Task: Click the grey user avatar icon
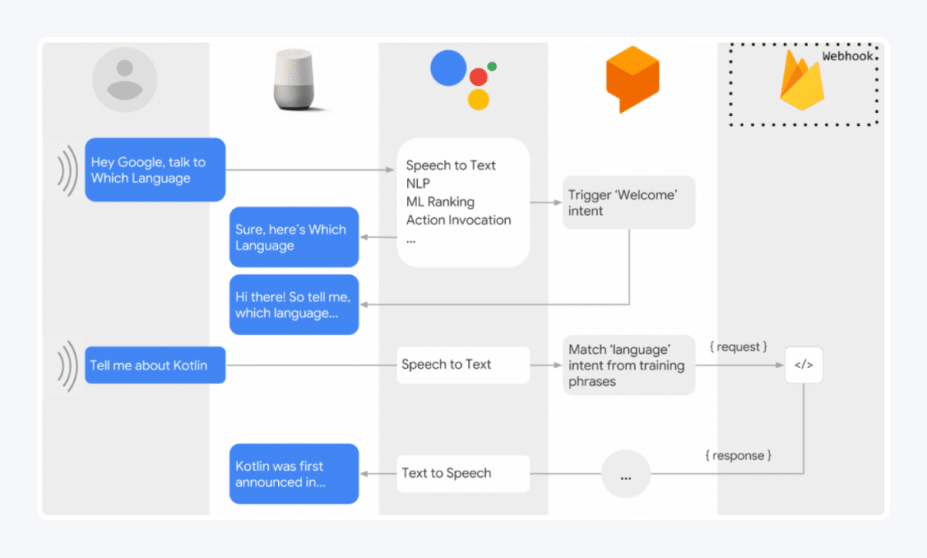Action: tap(124, 80)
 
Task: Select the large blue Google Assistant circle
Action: tap(449, 68)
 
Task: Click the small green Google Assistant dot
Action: tap(492, 66)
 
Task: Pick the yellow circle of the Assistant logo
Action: tap(479, 99)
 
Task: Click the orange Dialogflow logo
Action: tap(632, 80)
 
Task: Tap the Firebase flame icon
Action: tap(801, 83)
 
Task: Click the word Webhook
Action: tap(847, 56)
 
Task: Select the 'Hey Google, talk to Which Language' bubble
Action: tap(154, 170)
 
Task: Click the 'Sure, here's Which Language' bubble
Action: tap(294, 237)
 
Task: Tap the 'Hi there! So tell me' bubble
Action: tap(294, 305)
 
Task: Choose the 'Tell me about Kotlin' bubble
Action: tap(154, 365)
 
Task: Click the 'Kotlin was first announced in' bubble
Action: tap(294, 474)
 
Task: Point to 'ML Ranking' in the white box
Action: tap(440, 202)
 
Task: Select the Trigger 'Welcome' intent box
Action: tap(629, 202)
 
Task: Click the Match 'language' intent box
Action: tap(629, 365)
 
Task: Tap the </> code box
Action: tap(804, 365)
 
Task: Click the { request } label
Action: tap(738, 347)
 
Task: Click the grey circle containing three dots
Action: tap(626, 474)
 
